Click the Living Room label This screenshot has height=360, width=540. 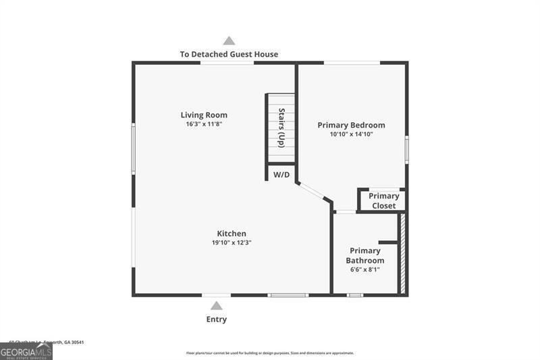(x=203, y=115)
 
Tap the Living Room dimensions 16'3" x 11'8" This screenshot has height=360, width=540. (x=203, y=124)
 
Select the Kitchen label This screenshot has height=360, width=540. (x=232, y=234)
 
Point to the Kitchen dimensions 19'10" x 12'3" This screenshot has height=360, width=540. (x=232, y=242)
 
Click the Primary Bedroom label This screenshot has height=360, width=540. (x=351, y=125)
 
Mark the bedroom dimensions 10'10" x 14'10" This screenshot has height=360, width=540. (x=351, y=134)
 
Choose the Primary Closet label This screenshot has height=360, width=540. (x=383, y=201)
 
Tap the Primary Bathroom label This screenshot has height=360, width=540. (x=365, y=255)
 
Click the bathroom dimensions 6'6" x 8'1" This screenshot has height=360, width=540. (x=365, y=269)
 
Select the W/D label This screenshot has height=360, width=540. (x=281, y=175)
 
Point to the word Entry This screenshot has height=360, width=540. (x=217, y=319)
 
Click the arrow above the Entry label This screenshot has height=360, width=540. (x=217, y=306)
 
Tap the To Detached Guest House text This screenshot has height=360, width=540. (x=229, y=54)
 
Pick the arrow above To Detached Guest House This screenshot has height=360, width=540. (x=230, y=41)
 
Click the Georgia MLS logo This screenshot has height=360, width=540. (x=26, y=351)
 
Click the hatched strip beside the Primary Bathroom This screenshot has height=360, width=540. (x=403, y=253)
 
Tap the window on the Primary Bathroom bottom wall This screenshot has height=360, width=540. (x=355, y=294)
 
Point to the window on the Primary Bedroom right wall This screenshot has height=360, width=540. (x=406, y=149)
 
